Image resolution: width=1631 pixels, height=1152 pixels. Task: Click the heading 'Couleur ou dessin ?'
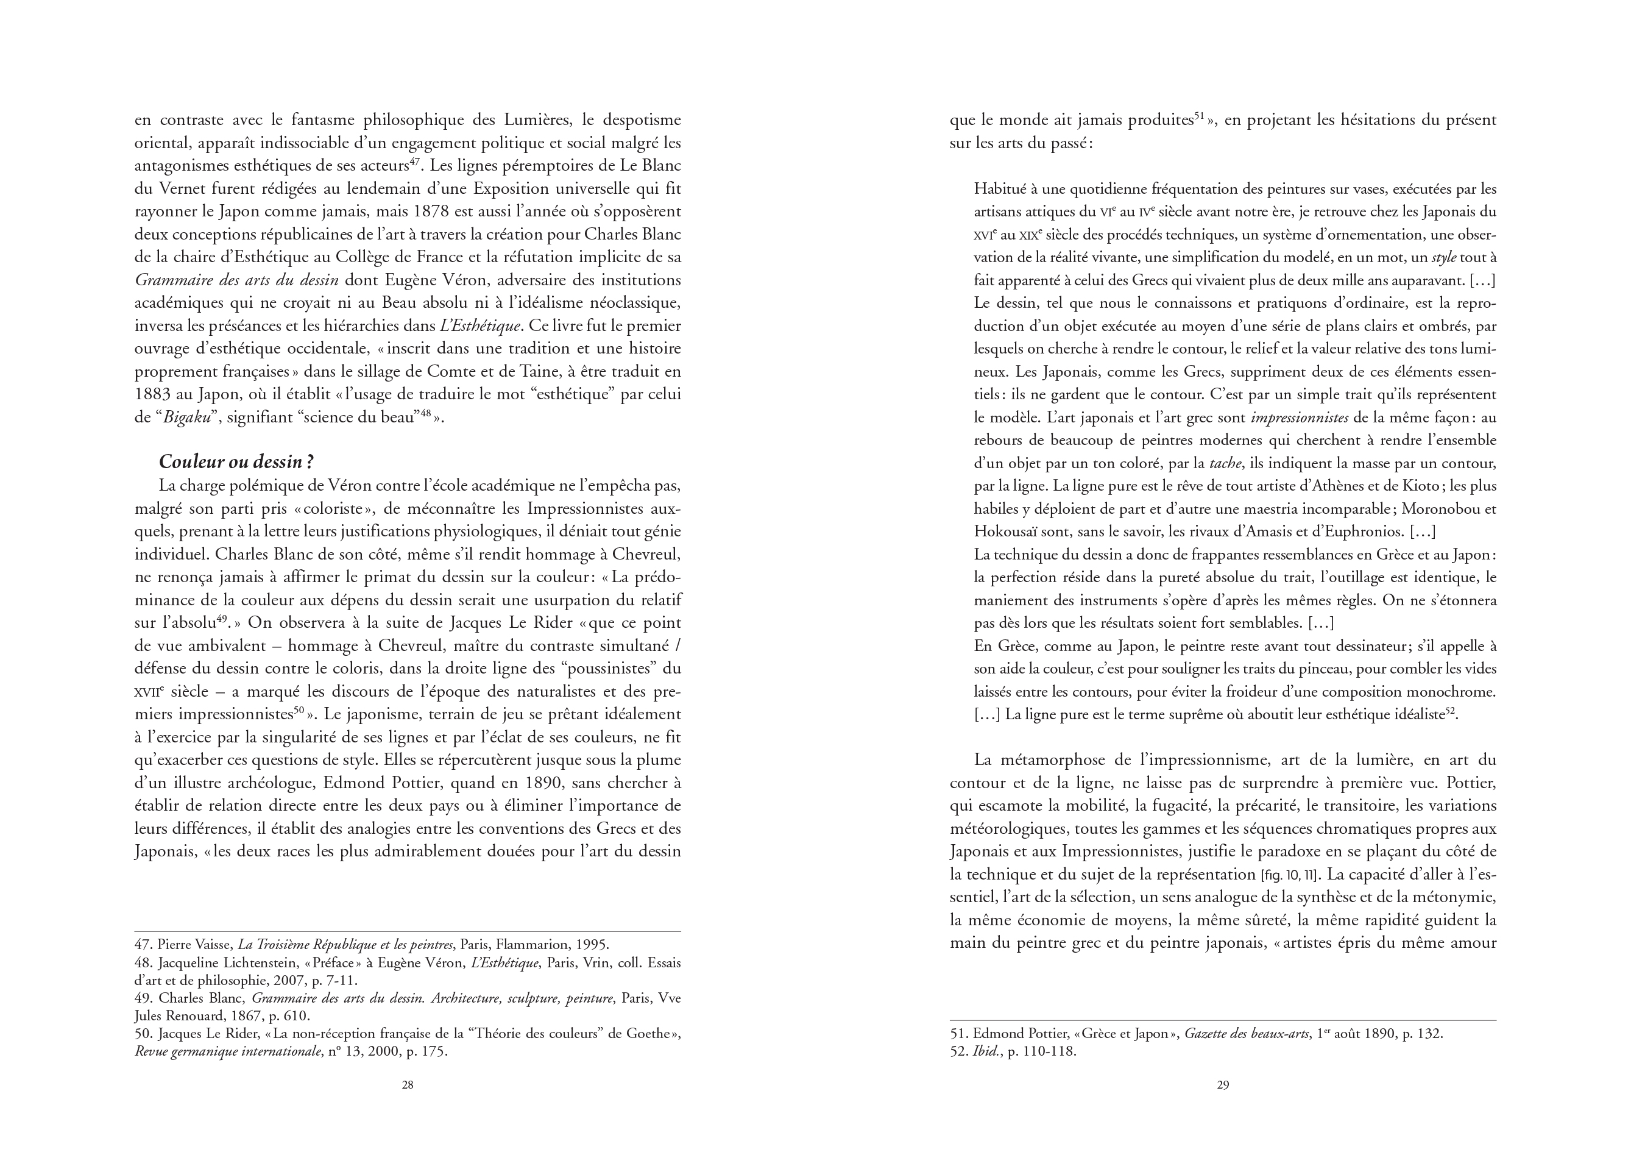click(x=236, y=462)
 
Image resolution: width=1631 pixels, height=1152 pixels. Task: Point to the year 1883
click(x=154, y=394)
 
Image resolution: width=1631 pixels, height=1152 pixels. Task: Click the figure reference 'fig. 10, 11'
click(x=1292, y=875)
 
